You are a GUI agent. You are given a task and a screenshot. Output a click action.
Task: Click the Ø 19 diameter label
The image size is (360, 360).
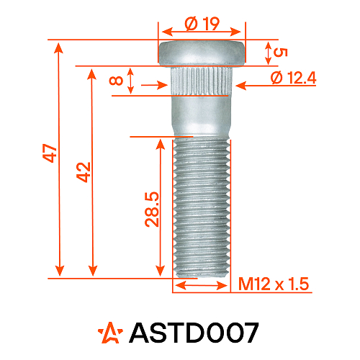coord(202,23)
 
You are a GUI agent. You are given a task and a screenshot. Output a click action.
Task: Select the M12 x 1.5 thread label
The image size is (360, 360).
coord(273,285)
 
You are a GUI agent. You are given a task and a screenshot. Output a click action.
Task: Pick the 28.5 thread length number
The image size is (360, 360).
coord(152,210)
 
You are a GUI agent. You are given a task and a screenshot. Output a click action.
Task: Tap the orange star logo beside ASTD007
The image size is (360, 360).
coord(111,332)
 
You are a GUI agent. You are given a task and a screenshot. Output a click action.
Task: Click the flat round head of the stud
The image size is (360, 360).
coord(202,53)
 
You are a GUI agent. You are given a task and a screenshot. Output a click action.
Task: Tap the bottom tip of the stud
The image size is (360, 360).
coord(202,274)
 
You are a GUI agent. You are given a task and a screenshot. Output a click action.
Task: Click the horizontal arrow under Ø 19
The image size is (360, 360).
coord(202,32)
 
